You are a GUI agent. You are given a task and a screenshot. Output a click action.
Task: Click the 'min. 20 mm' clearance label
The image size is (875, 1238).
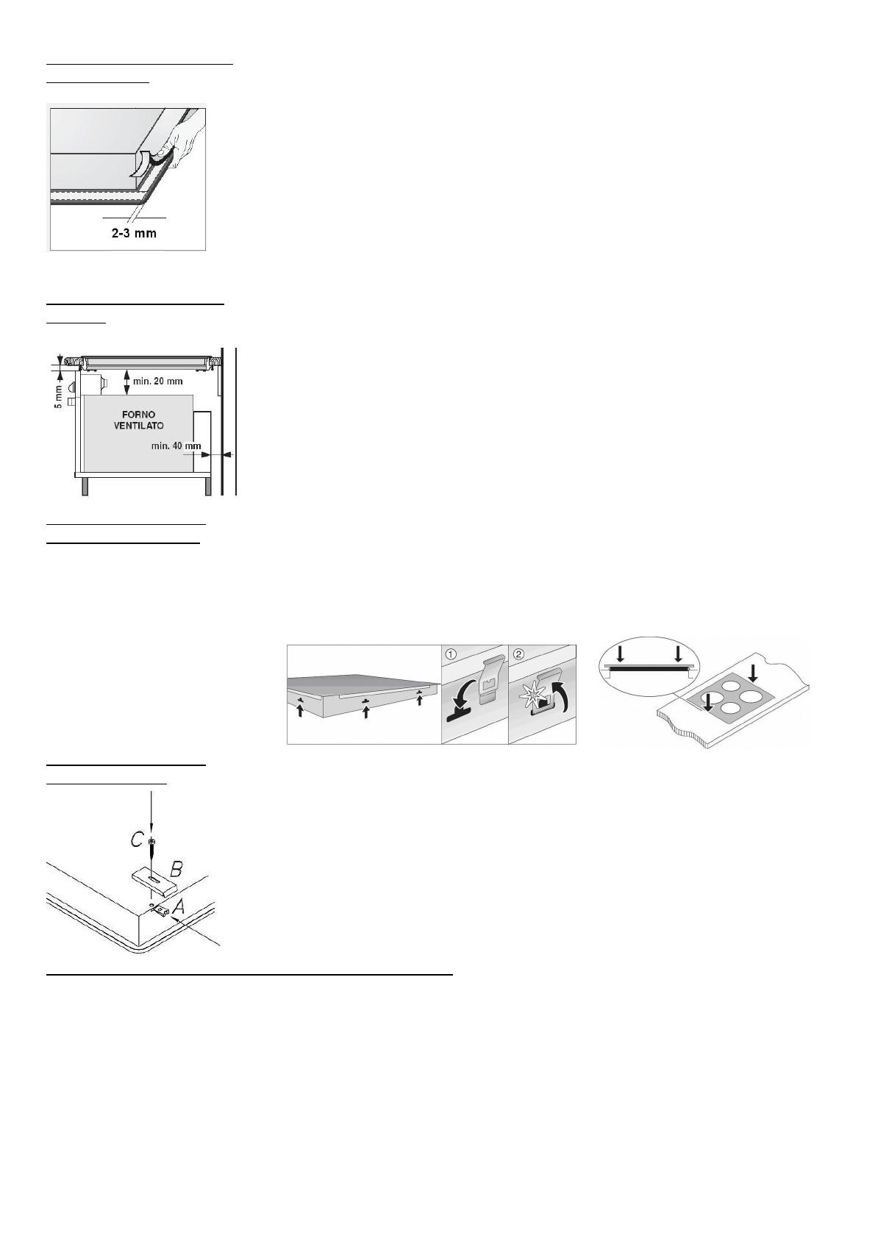(x=158, y=382)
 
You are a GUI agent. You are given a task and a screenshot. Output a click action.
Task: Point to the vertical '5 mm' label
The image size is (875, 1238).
(x=57, y=397)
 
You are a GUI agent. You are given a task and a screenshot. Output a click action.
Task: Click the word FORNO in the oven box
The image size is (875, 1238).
(x=138, y=415)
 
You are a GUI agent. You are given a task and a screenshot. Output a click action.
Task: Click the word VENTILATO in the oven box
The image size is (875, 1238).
(x=138, y=426)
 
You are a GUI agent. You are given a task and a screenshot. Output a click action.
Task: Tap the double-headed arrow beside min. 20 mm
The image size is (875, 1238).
(x=126, y=381)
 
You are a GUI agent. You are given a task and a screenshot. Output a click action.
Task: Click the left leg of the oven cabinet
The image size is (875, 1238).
(x=85, y=486)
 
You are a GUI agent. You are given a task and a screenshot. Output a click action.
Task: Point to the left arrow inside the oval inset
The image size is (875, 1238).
(x=620, y=653)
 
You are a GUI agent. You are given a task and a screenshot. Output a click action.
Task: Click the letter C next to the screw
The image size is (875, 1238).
(x=137, y=840)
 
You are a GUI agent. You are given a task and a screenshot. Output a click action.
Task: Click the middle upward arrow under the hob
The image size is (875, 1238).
(x=365, y=711)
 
